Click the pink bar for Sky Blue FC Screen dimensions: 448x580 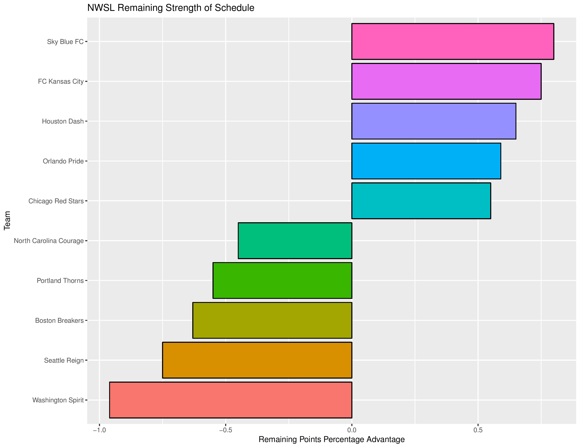coord(453,41)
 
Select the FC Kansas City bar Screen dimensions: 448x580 coord(446,81)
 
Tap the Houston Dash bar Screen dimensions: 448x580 coord(434,121)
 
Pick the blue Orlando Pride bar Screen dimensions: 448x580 coord(426,161)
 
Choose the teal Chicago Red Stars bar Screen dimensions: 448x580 coord(421,201)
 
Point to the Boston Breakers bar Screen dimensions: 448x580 coord(272,320)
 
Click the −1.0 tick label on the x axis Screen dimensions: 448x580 coord(99,430)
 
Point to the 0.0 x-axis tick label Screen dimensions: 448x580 coord(352,430)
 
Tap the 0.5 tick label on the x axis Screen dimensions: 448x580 coord(478,430)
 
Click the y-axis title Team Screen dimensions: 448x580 coord(7,220)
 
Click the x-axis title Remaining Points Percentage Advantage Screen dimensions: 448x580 coord(331,440)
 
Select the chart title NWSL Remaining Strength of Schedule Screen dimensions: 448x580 coord(171,8)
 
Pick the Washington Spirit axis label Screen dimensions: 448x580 coord(58,400)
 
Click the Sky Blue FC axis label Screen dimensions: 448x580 coord(65,42)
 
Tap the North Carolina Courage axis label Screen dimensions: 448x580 coord(49,241)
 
